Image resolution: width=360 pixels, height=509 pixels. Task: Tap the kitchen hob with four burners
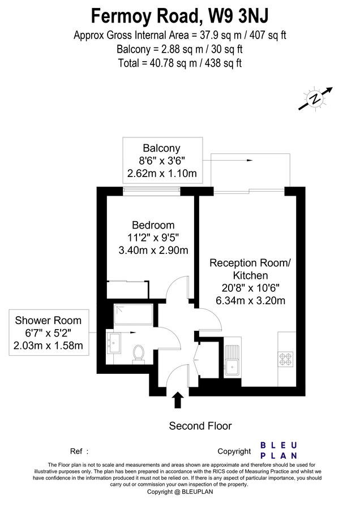[285, 357]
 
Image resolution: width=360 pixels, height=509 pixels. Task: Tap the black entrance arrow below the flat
[178, 400]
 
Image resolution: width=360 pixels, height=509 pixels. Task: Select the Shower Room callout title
[52, 320]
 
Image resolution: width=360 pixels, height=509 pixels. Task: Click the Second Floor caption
[200, 426]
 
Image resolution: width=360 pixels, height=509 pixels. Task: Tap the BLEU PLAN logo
[278, 450]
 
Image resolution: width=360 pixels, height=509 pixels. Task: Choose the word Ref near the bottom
[76, 451]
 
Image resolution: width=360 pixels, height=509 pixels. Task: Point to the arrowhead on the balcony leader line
[249, 161]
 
